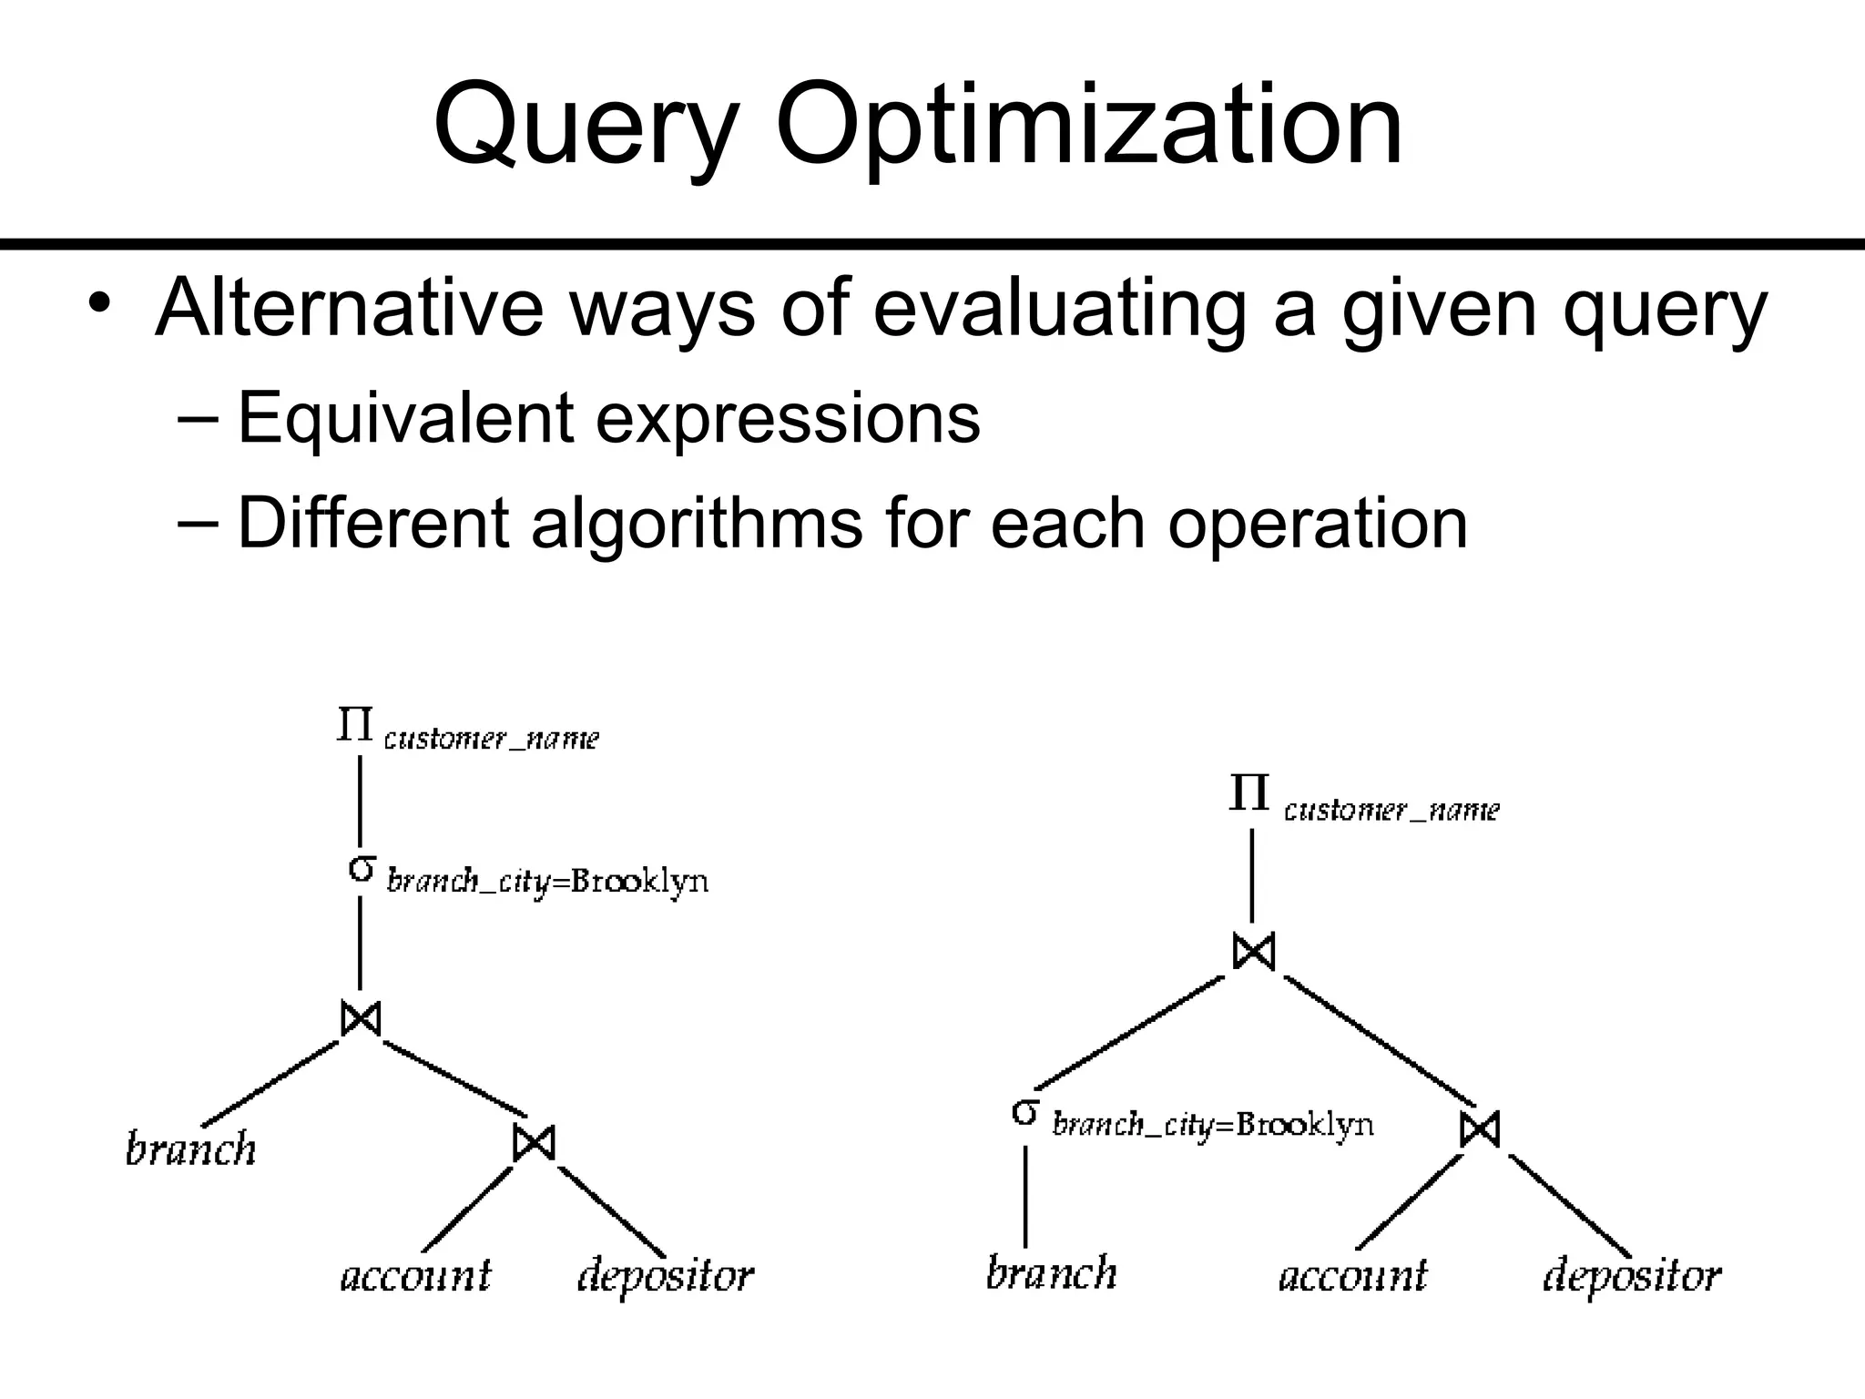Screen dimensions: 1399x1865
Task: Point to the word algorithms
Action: click(697, 524)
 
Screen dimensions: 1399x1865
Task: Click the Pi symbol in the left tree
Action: click(354, 725)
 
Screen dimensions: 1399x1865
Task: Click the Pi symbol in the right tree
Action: click(1248, 794)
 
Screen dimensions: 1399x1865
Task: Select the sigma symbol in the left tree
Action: click(362, 869)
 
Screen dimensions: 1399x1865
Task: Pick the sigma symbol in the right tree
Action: click(1025, 1112)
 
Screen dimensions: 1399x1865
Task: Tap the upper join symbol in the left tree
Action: click(361, 1017)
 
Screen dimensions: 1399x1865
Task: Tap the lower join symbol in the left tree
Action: click(534, 1142)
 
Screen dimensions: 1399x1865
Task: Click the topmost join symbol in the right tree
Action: click(1253, 952)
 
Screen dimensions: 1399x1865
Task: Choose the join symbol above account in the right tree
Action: click(1479, 1129)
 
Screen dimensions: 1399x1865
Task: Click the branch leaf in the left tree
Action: click(190, 1149)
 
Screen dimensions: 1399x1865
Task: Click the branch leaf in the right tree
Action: click(1051, 1272)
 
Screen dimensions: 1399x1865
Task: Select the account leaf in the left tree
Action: click(415, 1275)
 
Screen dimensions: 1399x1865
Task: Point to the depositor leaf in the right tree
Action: click(1631, 1276)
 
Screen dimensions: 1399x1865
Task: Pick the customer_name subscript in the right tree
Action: click(1391, 810)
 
